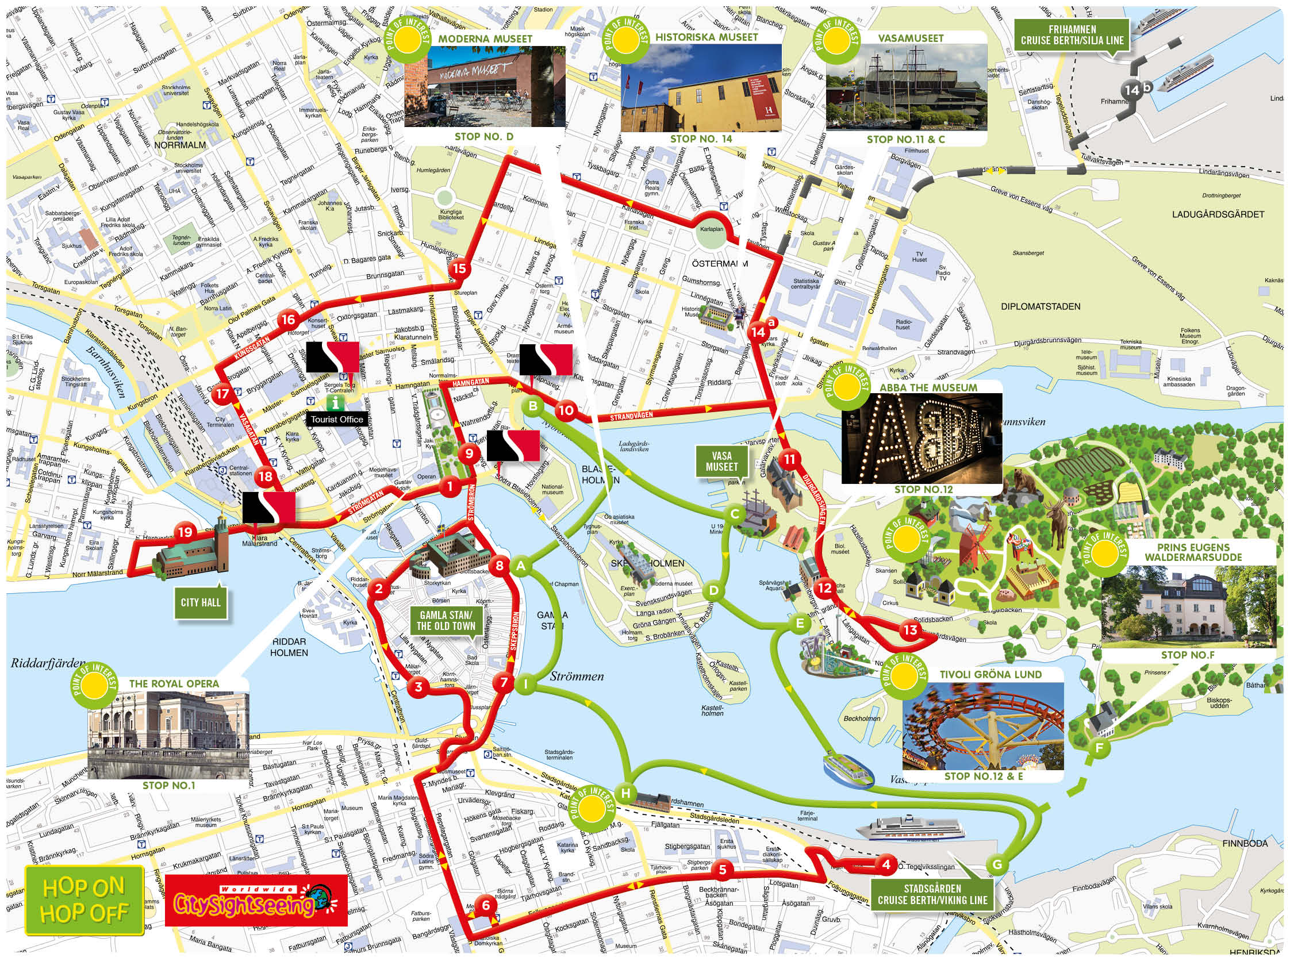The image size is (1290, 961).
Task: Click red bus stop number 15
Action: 459,268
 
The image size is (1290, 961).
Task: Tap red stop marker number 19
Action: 185,532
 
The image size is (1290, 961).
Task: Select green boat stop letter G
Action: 997,864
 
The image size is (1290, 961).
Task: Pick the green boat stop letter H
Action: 625,793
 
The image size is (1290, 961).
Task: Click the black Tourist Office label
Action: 336,419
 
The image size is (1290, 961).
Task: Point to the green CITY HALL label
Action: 200,602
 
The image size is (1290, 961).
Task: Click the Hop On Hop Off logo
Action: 85,900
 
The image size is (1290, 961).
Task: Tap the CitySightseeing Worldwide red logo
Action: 256,900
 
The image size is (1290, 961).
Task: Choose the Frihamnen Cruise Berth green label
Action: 1072,35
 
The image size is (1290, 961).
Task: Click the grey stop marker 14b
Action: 1132,90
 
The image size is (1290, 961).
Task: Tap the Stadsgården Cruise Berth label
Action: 932,895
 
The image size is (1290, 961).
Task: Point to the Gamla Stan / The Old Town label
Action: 446,621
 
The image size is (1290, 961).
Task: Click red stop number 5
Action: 723,870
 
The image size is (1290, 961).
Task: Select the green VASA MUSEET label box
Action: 721,461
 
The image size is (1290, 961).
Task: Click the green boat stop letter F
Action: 1099,748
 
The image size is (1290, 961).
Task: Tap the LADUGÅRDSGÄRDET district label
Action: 1218,214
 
